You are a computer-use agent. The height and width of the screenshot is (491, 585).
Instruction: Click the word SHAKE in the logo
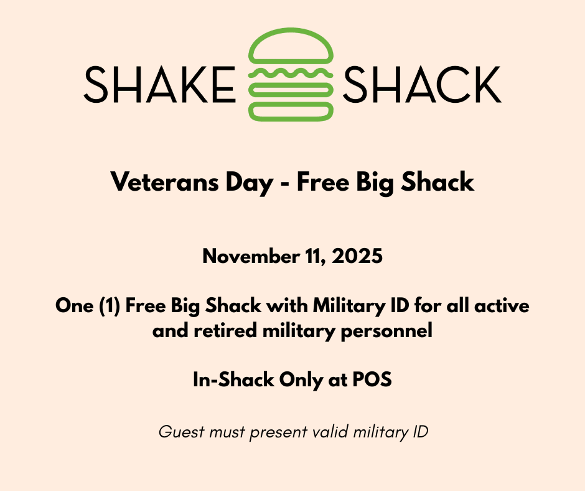[x=159, y=85]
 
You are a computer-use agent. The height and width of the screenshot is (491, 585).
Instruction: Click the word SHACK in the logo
[x=422, y=85]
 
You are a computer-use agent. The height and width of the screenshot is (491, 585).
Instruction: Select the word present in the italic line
[x=273, y=432]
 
